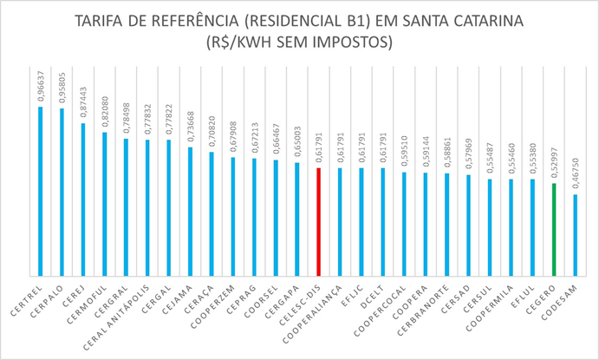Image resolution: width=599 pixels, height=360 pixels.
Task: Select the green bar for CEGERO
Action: pyautogui.click(x=553, y=230)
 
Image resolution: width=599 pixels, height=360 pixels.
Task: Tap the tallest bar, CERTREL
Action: pyautogui.click(x=40, y=191)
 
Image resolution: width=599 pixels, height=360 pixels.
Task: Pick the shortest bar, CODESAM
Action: pyautogui.click(x=575, y=235)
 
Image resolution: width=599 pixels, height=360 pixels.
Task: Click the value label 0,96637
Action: pyautogui.click(x=40, y=88)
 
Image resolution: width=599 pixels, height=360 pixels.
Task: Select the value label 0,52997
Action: pyautogui.click(x=553, y=164)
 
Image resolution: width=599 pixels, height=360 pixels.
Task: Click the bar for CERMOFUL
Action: pyautogui.click(x=104, y=205)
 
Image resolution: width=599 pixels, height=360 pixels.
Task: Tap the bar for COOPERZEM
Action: pyautogui.click(x=232, y=217)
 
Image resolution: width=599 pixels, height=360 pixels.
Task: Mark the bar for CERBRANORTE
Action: pyautogui.click(x=446, y=226)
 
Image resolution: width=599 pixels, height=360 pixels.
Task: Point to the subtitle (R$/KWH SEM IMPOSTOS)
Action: pyautogui.click(x=299, y=42)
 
